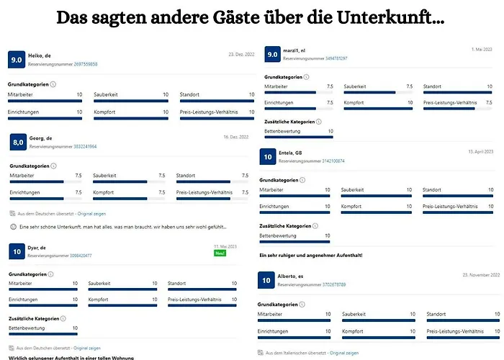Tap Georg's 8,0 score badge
click(x=19, y=143)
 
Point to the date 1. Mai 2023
click(x=481, y=50)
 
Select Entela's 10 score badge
click(x=268, y=157)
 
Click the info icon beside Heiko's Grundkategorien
click(x=55, y=84)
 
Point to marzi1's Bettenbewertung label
click(x=282, y=132)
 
